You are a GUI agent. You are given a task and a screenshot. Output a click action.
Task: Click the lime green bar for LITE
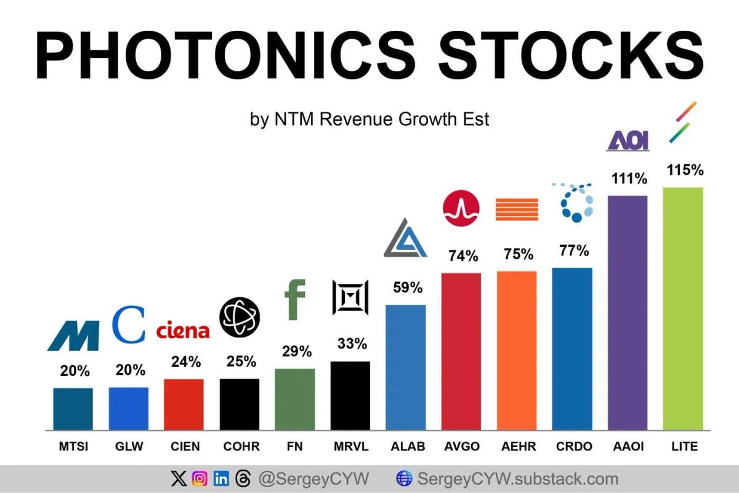pos(682,308)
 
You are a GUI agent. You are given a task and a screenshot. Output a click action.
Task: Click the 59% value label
pos(408,287)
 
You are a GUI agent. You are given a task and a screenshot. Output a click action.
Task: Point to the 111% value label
pos(629,179)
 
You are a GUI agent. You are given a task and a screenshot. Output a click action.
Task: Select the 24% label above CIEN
pos(186,362)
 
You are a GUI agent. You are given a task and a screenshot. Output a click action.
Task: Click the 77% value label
pos(574,251)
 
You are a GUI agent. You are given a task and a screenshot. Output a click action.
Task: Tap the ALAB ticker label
pos(408,447)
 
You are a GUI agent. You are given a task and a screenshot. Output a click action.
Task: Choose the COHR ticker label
pos(241,447)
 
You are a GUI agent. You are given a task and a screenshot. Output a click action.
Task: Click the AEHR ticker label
pos(517,447)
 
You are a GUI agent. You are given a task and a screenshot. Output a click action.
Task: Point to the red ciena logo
pos(184,331)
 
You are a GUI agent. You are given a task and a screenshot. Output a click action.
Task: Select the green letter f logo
pos(295,300)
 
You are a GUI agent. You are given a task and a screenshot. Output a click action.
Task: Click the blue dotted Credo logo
pos(575,202)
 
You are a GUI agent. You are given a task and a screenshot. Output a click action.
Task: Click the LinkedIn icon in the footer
pos(221,479)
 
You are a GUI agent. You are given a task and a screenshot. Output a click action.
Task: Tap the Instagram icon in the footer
pos(200,479)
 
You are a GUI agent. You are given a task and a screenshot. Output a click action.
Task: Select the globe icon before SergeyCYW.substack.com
pos(404,479)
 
